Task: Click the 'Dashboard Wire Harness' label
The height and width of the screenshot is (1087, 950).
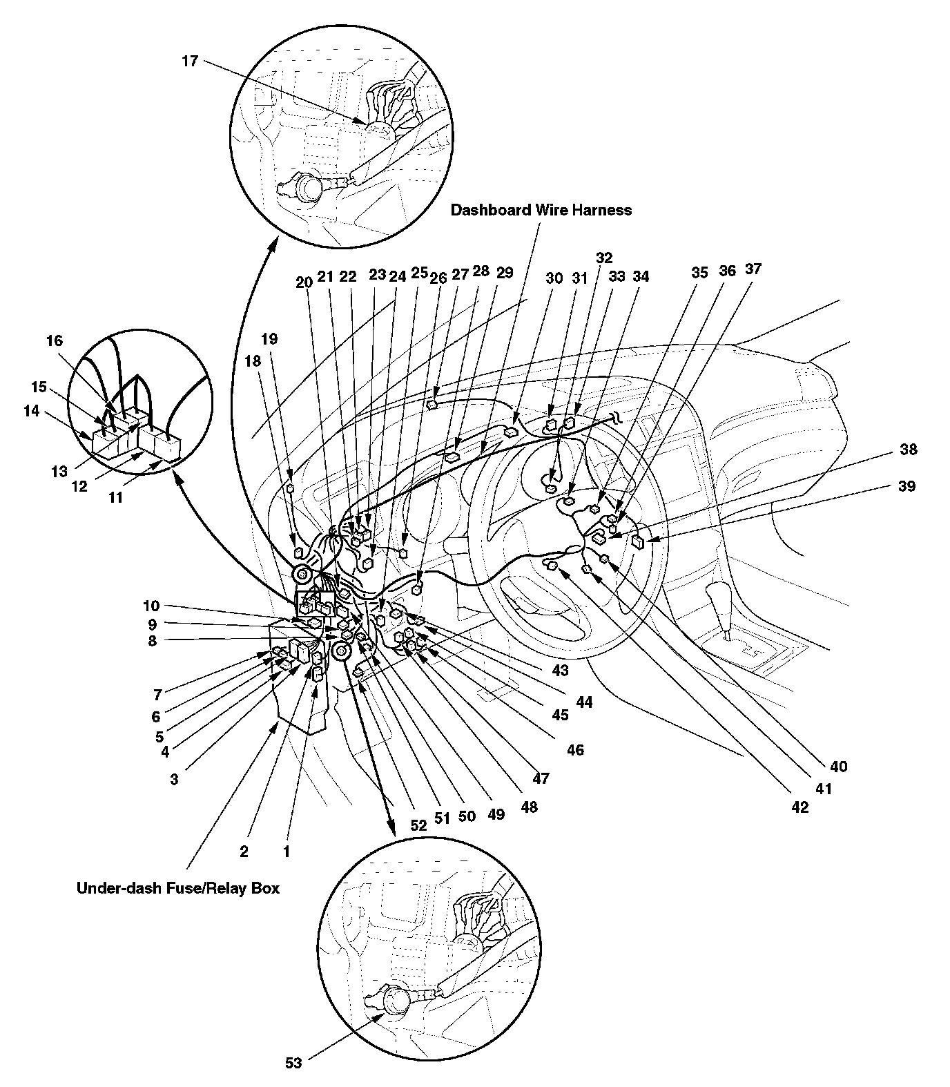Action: coord(541,210)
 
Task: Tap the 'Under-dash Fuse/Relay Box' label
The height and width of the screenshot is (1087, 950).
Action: coord(178,888)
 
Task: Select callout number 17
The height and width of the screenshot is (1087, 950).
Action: coord(190,61)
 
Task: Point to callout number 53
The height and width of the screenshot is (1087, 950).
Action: coord(293,1064)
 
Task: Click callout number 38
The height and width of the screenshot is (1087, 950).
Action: coord(909,450)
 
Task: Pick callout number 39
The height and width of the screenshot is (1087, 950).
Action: coord(907,486)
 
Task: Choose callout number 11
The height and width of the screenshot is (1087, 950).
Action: coord(115,497)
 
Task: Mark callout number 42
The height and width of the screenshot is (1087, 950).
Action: coord(799,807)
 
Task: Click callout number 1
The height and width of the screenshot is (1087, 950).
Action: coord(286,852)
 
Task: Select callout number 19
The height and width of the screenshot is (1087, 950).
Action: coord(269,339)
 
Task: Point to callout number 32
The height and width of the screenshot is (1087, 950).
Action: coord(603,258)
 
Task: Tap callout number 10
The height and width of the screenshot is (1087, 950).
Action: coord(151,606)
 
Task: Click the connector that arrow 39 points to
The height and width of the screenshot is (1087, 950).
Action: coord(639,541)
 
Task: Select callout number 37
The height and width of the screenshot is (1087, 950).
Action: coord(753,269)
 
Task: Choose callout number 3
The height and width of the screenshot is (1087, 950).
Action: coord(174,779)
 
